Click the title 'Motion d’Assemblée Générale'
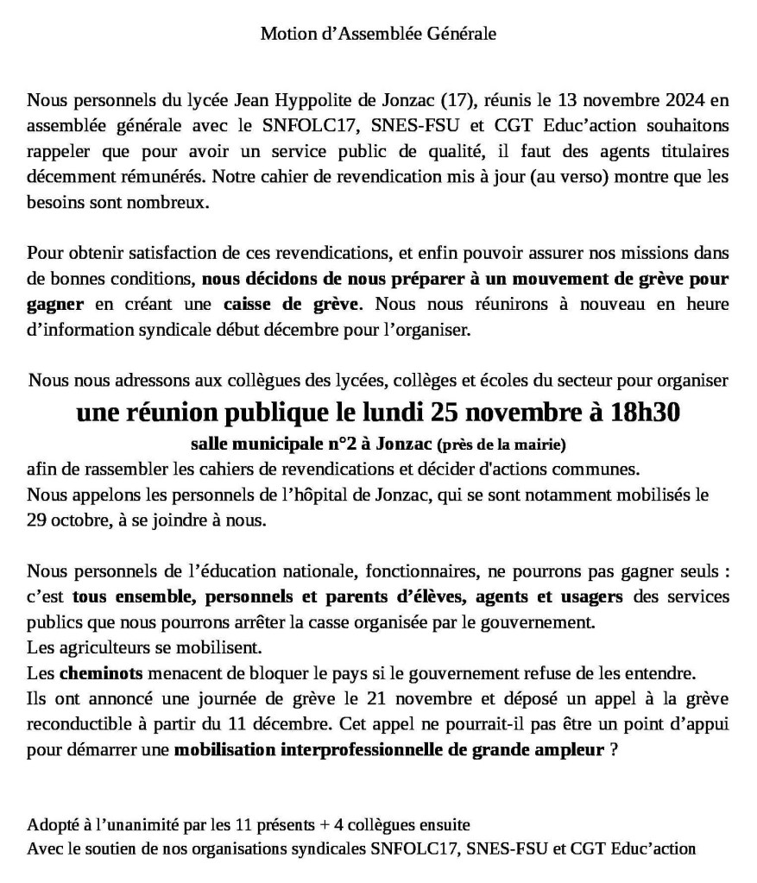click(378, 35)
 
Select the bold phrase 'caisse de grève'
click(295, 305)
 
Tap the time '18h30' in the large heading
click(635, 413)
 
